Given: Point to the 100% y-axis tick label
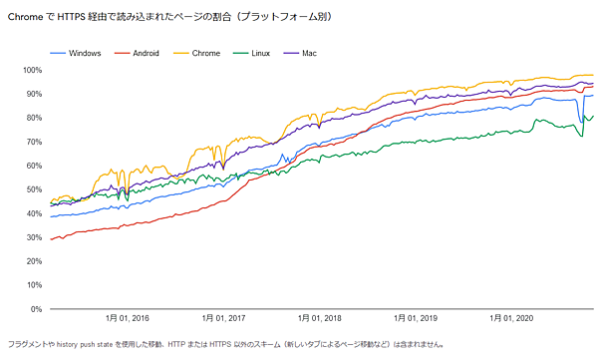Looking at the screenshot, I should [x=32, y=70].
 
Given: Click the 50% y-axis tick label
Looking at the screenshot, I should [x=34, y=189].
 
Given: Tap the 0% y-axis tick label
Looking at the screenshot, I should [x=36, y=309].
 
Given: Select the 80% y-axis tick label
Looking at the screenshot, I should [x=34, y=118].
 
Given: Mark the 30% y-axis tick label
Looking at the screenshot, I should [x=34, y=237].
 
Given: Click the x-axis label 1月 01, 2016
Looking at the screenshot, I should [x=127, y=319].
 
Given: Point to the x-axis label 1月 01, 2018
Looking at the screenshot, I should [x=319, y=319].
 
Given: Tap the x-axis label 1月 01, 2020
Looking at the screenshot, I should [x=512, y=319].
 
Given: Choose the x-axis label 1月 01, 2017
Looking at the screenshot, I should [x=223, y=319].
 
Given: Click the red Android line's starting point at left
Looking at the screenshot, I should [x=51, y=239].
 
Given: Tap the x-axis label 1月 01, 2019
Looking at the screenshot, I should [x=416, y=319].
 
